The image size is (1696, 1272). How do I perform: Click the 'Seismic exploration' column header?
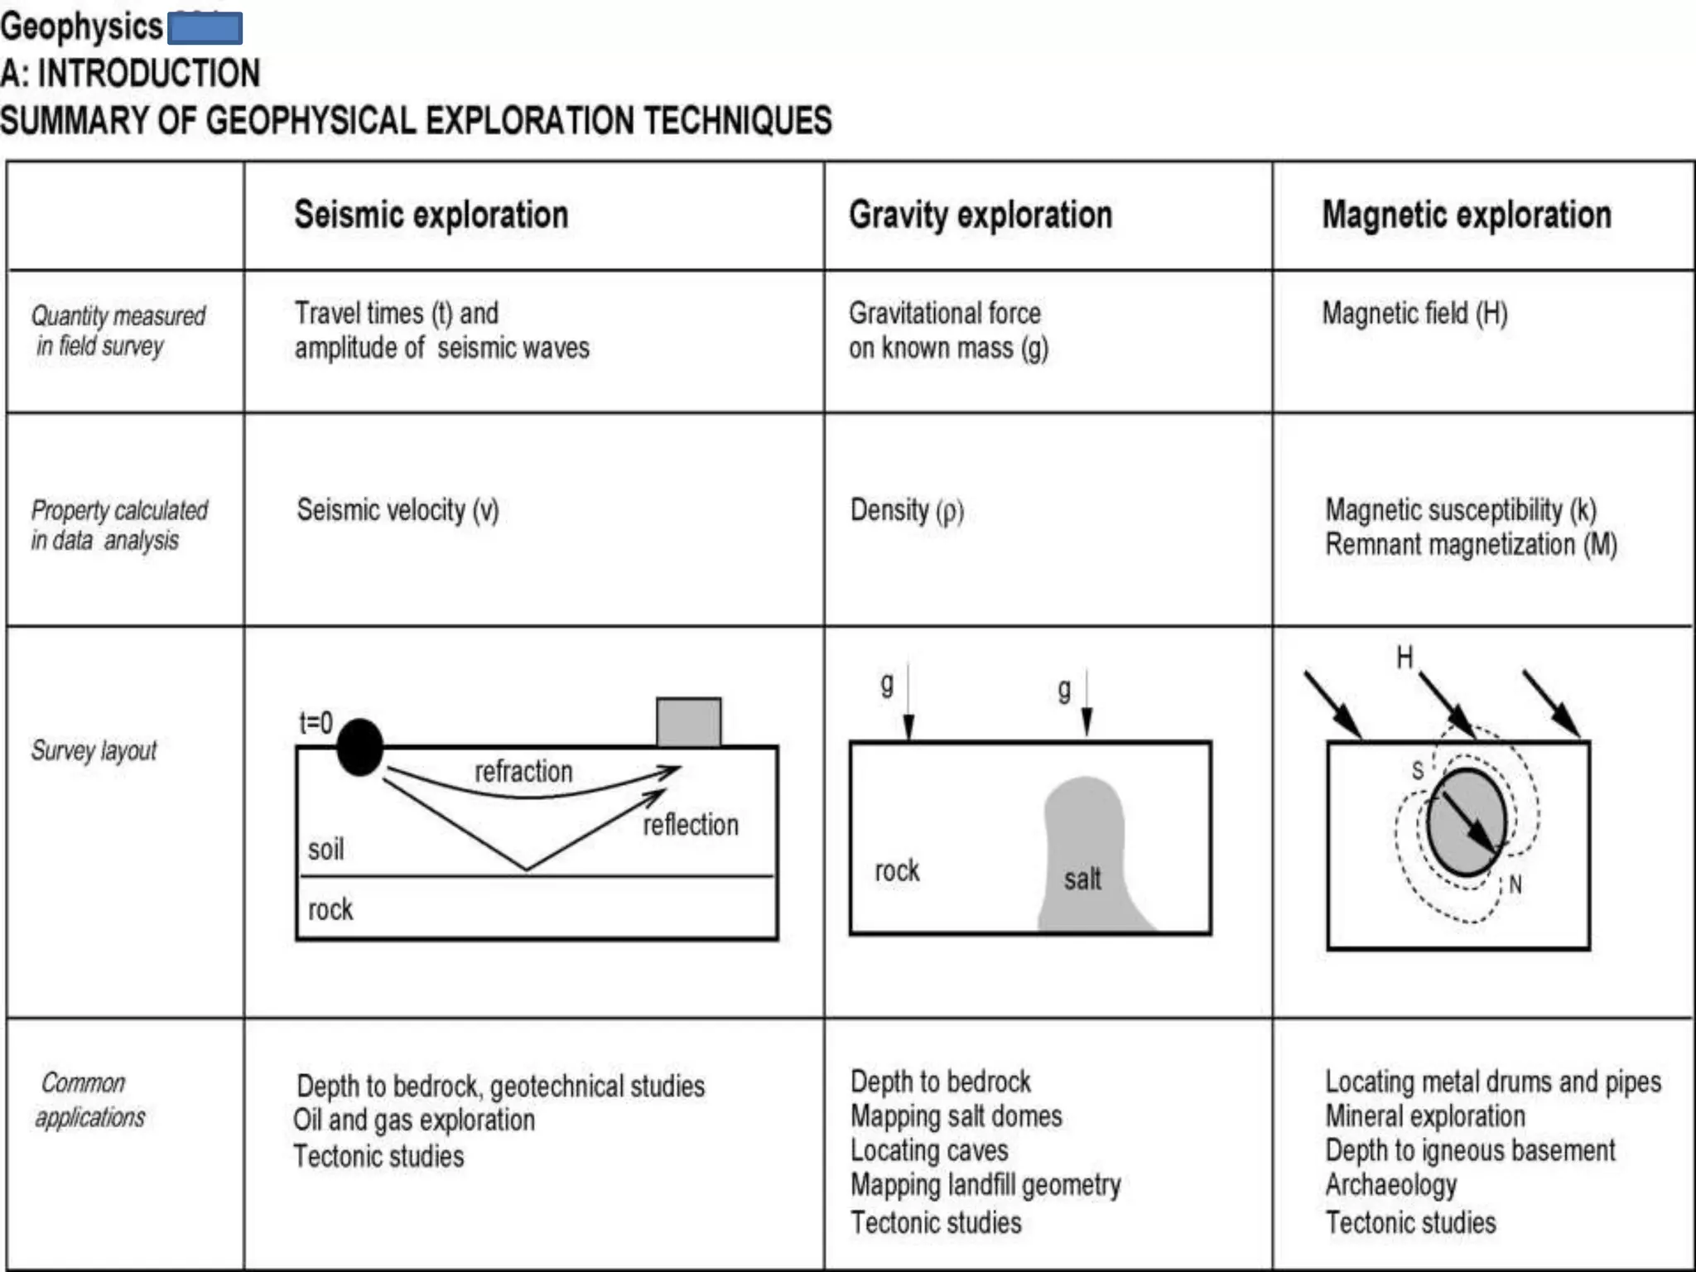(x=431, y=215)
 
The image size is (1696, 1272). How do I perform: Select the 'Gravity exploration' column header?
(x=980, y=215)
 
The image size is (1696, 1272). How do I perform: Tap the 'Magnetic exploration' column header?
(x=1467, y=215)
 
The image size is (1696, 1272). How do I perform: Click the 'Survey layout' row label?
(x=94, y=750)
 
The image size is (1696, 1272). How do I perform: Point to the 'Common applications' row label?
(x=89, y=1100)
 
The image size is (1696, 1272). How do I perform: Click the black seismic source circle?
(x=360, y=748)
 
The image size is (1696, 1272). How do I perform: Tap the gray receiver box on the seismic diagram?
(x=688, y=722)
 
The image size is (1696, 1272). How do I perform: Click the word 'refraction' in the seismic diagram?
(x=523, y=772)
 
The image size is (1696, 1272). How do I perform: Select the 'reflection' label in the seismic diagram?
(x=691, y=825)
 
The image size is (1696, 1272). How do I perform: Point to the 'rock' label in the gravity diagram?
(x=897, y=871)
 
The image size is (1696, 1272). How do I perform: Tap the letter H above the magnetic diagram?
(x=1404, y=658)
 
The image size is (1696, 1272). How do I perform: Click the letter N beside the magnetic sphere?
(x=1515, y=884)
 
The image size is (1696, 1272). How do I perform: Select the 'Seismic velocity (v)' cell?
(x=397, y=510)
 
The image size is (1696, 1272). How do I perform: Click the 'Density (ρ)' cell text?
(x=907, y=510)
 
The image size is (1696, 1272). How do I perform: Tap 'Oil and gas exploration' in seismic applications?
(x=414, y=1120)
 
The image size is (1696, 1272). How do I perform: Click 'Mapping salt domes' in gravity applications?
(x=956, y=1116)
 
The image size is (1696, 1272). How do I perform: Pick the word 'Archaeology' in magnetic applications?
(x=1391, y=1185)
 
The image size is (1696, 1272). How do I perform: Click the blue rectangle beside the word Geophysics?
(x=205, y=28)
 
